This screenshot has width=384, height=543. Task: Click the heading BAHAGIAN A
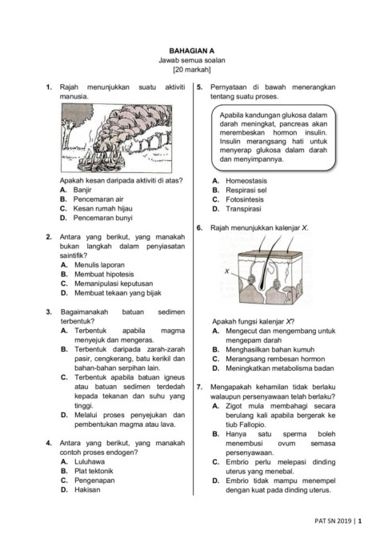click(192, 50)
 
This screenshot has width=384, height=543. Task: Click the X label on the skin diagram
click(227, 271)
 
